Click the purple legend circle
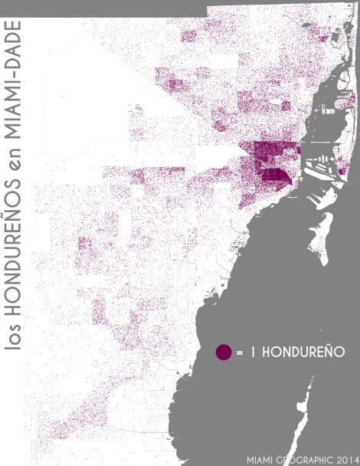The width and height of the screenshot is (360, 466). coord(223,352)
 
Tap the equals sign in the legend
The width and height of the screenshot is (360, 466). coord(240,353)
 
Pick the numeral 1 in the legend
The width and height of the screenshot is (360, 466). coord(251,353)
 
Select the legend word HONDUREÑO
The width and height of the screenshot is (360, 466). coord(299,353)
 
